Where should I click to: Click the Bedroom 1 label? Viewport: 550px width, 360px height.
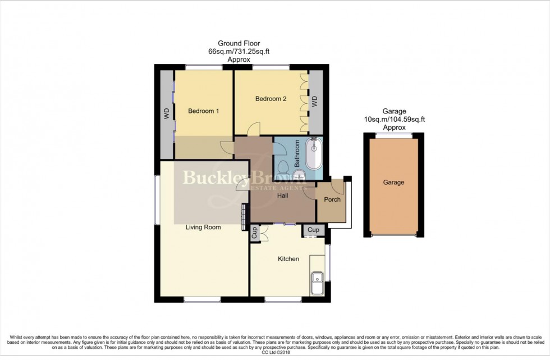click(203, 111)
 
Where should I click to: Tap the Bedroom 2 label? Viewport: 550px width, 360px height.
click(271, 99)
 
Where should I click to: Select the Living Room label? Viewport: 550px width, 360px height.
click(203, 227)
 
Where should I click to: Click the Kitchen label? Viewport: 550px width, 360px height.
click(288, 259)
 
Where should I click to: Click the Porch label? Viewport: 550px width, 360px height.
click(332, 199)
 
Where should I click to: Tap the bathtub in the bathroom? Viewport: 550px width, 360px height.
click(314, 156)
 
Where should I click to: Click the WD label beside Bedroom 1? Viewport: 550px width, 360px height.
click(167, 114)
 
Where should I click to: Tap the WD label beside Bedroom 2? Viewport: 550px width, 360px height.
click(314, 102)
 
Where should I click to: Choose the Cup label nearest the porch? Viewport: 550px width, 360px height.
click(313, 230)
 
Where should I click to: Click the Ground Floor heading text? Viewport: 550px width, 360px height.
click(239, 43)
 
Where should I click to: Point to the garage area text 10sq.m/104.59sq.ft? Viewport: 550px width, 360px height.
click(395, 119)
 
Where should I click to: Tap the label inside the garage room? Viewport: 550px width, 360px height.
click(393, 183)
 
